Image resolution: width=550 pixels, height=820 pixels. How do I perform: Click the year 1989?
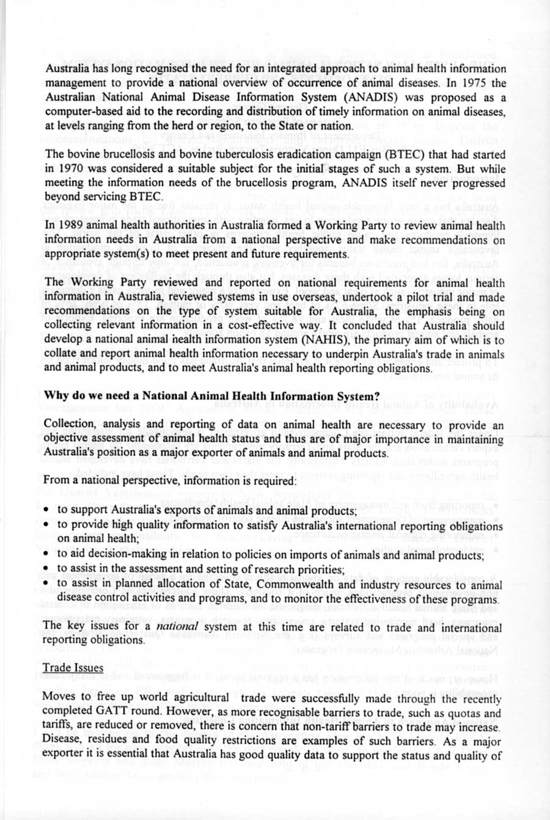[72, 226]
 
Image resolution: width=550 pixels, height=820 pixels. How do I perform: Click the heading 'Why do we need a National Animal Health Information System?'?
[212, 396]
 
